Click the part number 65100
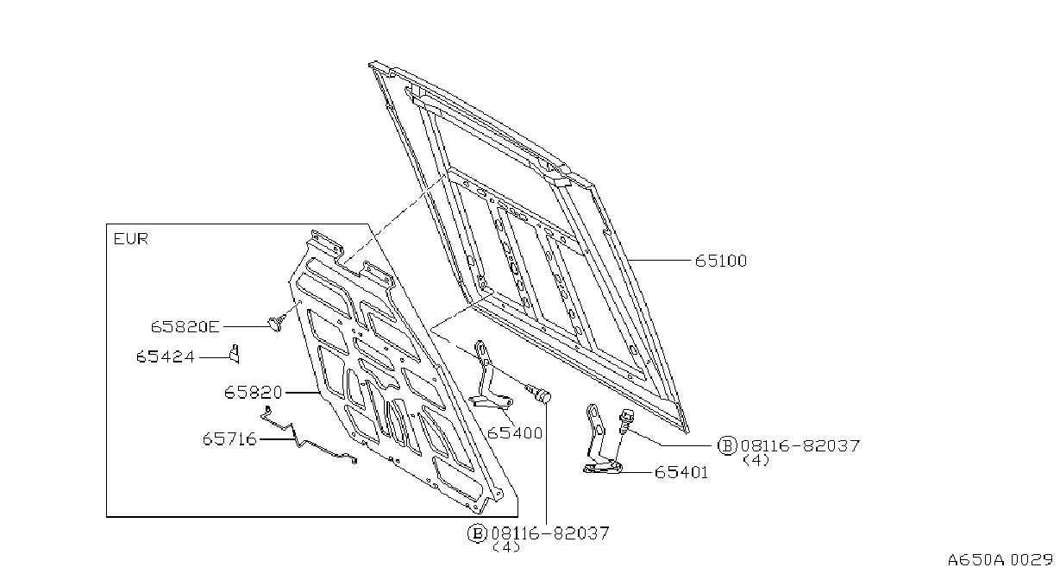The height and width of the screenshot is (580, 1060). click(x=721, y=261)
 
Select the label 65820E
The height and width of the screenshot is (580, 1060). click(x=185, y=327)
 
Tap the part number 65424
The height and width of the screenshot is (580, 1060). click(x=165, y=356)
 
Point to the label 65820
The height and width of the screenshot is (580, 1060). click(x=253, y=393)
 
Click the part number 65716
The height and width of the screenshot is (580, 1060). click(x=229, y=439)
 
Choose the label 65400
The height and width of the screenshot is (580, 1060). click(x=515, y=432)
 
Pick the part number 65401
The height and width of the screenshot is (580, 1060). click(x=681, y=472)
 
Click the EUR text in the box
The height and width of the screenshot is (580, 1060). click(x=131, y=238)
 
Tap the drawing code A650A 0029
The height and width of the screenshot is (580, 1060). click(x=1000, y=560)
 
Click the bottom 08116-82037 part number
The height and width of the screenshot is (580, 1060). click(x=550, y=533)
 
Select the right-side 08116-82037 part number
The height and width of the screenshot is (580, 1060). click(x=800, y=446)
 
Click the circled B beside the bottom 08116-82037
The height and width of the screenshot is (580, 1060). click(x=477, y=533)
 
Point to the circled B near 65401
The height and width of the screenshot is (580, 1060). click(x=727, y=446)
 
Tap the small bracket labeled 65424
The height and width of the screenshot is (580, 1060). click(x=235, y=354)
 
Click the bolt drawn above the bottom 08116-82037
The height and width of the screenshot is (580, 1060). click(x=538, y=394)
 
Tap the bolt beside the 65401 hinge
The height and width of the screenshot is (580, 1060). click(x=625, y=422)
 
